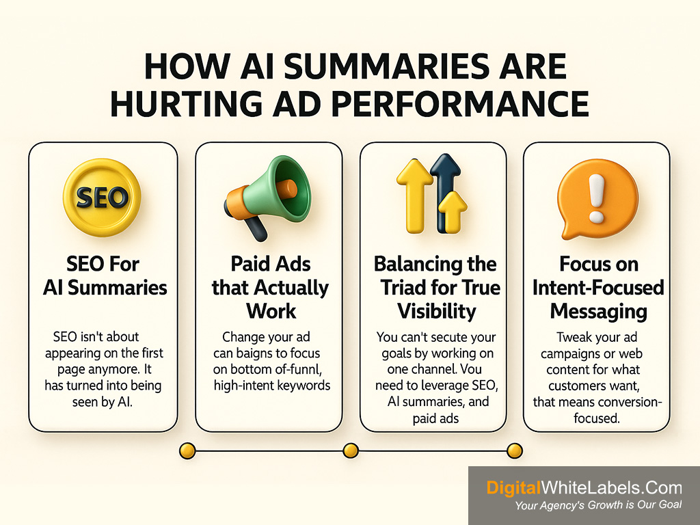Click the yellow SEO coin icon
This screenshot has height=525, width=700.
pos(103,197)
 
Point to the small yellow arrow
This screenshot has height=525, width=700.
pos(453,213)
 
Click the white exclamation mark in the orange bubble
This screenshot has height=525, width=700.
pos(596,198)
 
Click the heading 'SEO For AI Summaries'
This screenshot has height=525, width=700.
pos(105,276)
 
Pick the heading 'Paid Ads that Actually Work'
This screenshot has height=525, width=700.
pos(271,288)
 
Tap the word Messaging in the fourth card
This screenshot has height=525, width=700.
pos(599,312)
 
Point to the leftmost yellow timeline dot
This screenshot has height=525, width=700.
pos(187,451)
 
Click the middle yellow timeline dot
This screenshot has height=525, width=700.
pos(351,451)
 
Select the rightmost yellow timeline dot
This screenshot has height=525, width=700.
pos(515,451)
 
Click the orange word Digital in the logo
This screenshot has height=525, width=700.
pos(513,488)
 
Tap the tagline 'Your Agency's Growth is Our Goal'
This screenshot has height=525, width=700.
pos(598,505)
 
